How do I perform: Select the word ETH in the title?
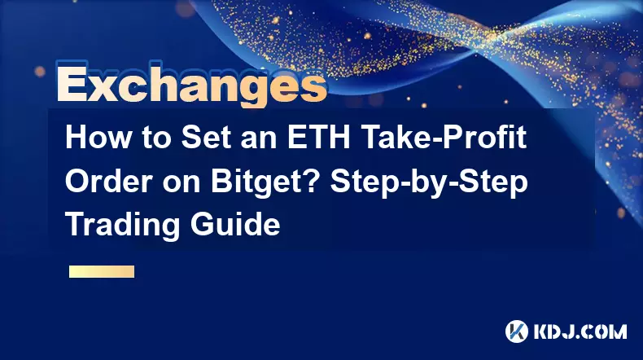[318, 138]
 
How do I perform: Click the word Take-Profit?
[444, 138]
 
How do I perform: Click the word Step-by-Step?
[428, 182]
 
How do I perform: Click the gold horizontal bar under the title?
[102, 272]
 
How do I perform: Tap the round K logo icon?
[517, 331]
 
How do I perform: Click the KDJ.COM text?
[580, 331]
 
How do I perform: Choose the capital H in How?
[76, 138]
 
